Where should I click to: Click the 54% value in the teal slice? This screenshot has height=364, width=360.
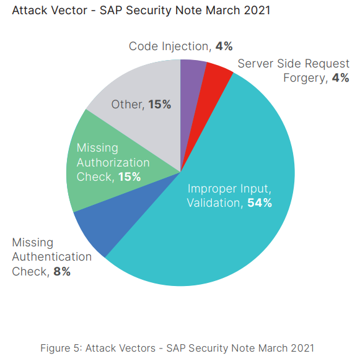[x=260, y=202]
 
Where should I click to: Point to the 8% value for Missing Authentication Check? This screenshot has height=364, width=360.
[x=61, y=271]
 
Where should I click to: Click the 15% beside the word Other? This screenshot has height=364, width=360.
[x=160, y=105]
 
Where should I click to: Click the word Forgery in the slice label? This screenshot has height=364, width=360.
[x=306, y=78]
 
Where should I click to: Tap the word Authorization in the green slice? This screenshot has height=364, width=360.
[x=113, y=163]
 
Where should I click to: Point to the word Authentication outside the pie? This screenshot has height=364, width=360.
[x=52, y=257]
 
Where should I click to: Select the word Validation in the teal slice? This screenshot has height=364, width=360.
[x=213, y=202]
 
